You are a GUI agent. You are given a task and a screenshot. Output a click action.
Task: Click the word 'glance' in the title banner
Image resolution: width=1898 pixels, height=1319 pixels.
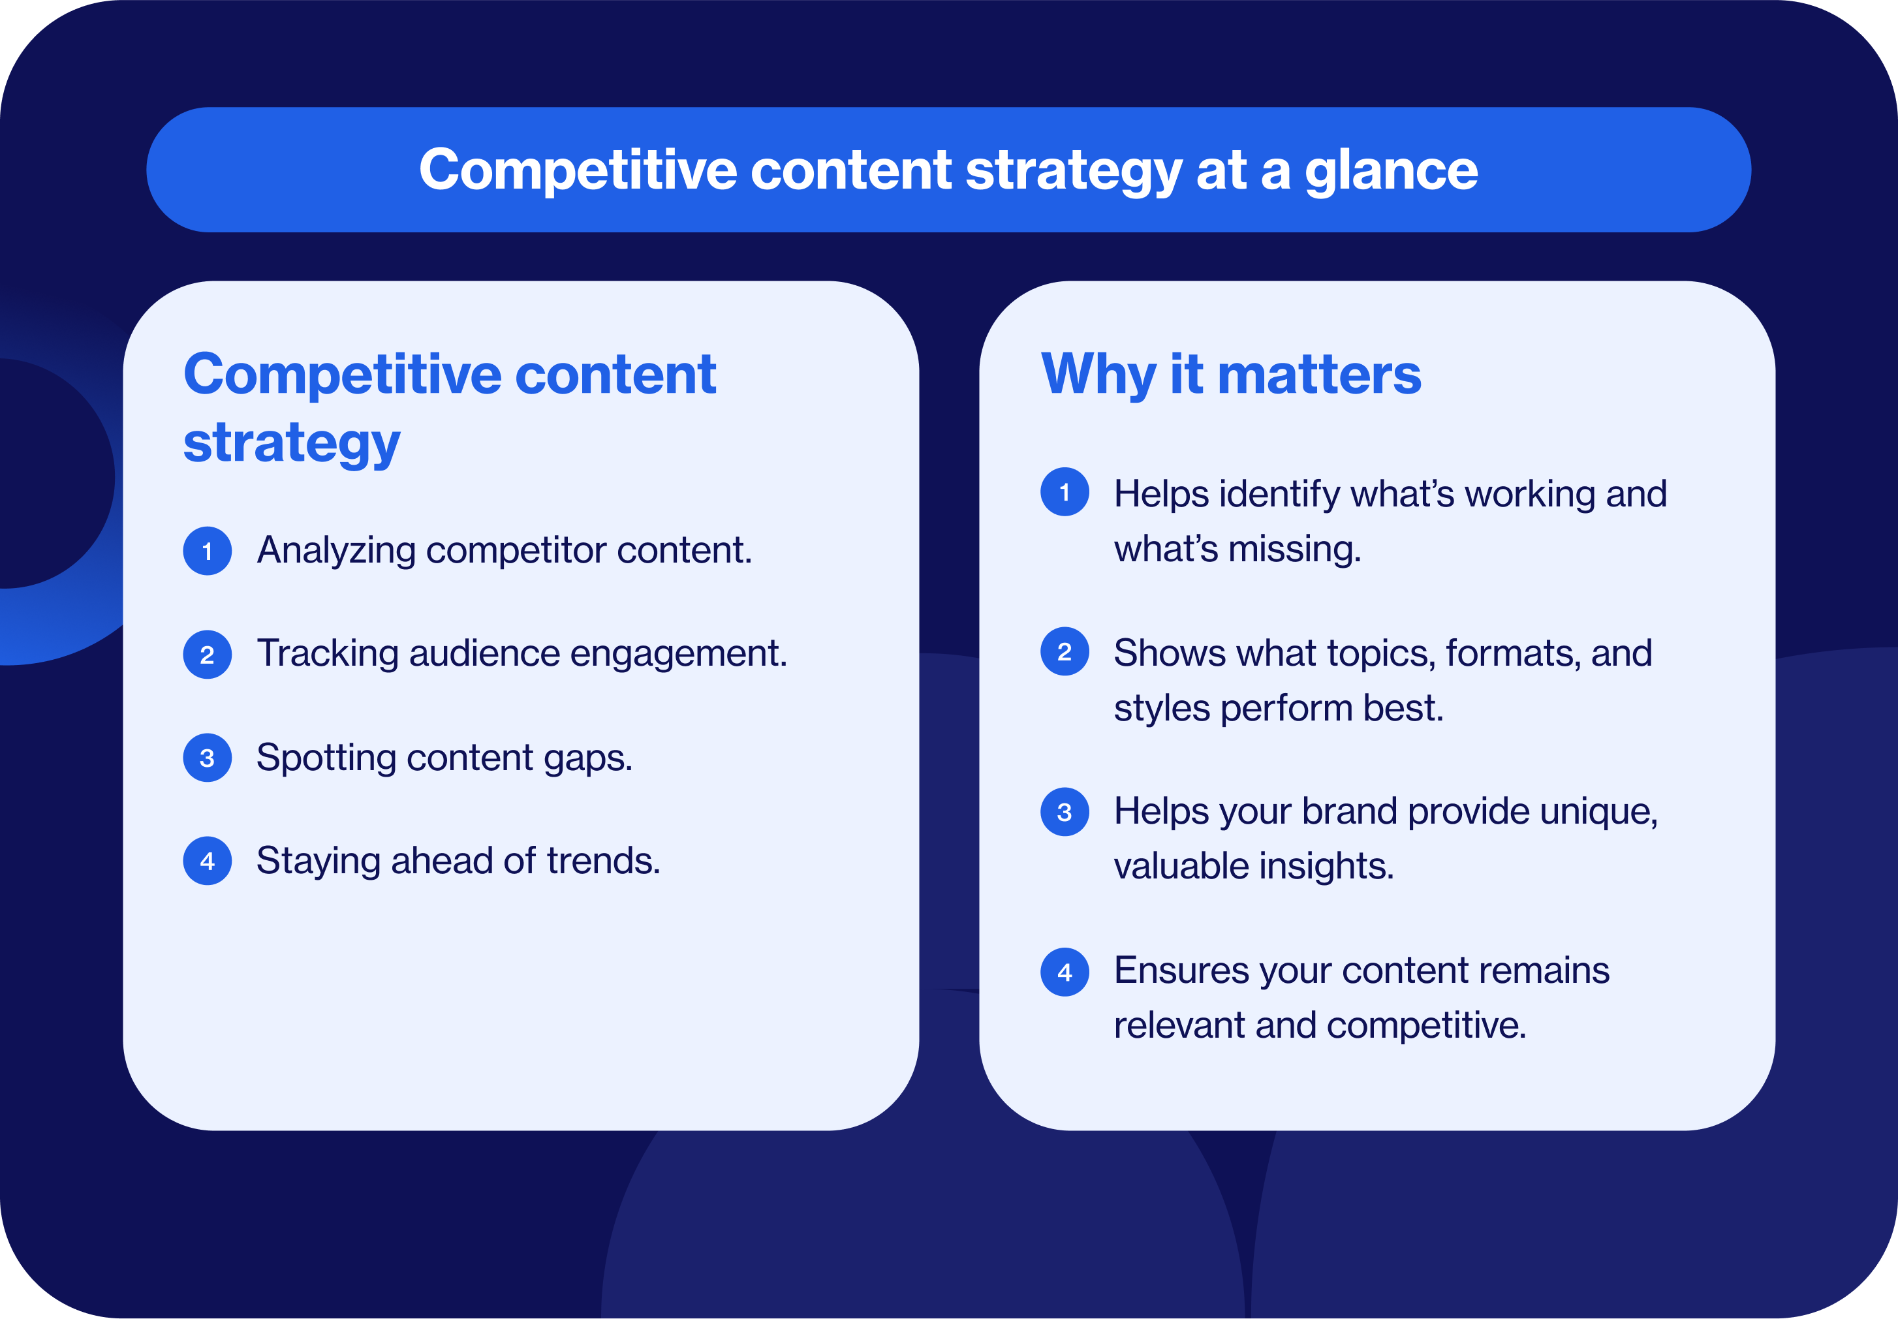1391,171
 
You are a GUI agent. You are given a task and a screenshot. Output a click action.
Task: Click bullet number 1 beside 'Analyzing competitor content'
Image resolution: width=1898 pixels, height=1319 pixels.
208,551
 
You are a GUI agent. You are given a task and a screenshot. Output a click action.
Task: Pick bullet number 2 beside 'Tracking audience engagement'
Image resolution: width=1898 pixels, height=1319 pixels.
208,655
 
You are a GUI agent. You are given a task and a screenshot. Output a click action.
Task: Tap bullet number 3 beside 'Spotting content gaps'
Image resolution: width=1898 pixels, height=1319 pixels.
208,758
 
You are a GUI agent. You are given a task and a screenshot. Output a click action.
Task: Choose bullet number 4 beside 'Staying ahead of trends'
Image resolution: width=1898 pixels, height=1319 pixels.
208,861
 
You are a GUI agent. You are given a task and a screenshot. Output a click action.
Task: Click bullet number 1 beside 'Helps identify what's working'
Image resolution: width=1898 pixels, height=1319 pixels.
1065,493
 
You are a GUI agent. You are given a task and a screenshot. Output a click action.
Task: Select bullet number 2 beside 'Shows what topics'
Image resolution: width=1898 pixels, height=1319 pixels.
1065,652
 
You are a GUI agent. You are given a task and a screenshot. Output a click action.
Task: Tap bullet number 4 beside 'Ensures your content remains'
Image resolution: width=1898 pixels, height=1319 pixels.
1065,972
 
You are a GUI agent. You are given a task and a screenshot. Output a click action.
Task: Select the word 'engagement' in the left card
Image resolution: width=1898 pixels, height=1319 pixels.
677,655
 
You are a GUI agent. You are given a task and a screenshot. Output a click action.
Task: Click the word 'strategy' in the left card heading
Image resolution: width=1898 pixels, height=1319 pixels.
291,444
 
